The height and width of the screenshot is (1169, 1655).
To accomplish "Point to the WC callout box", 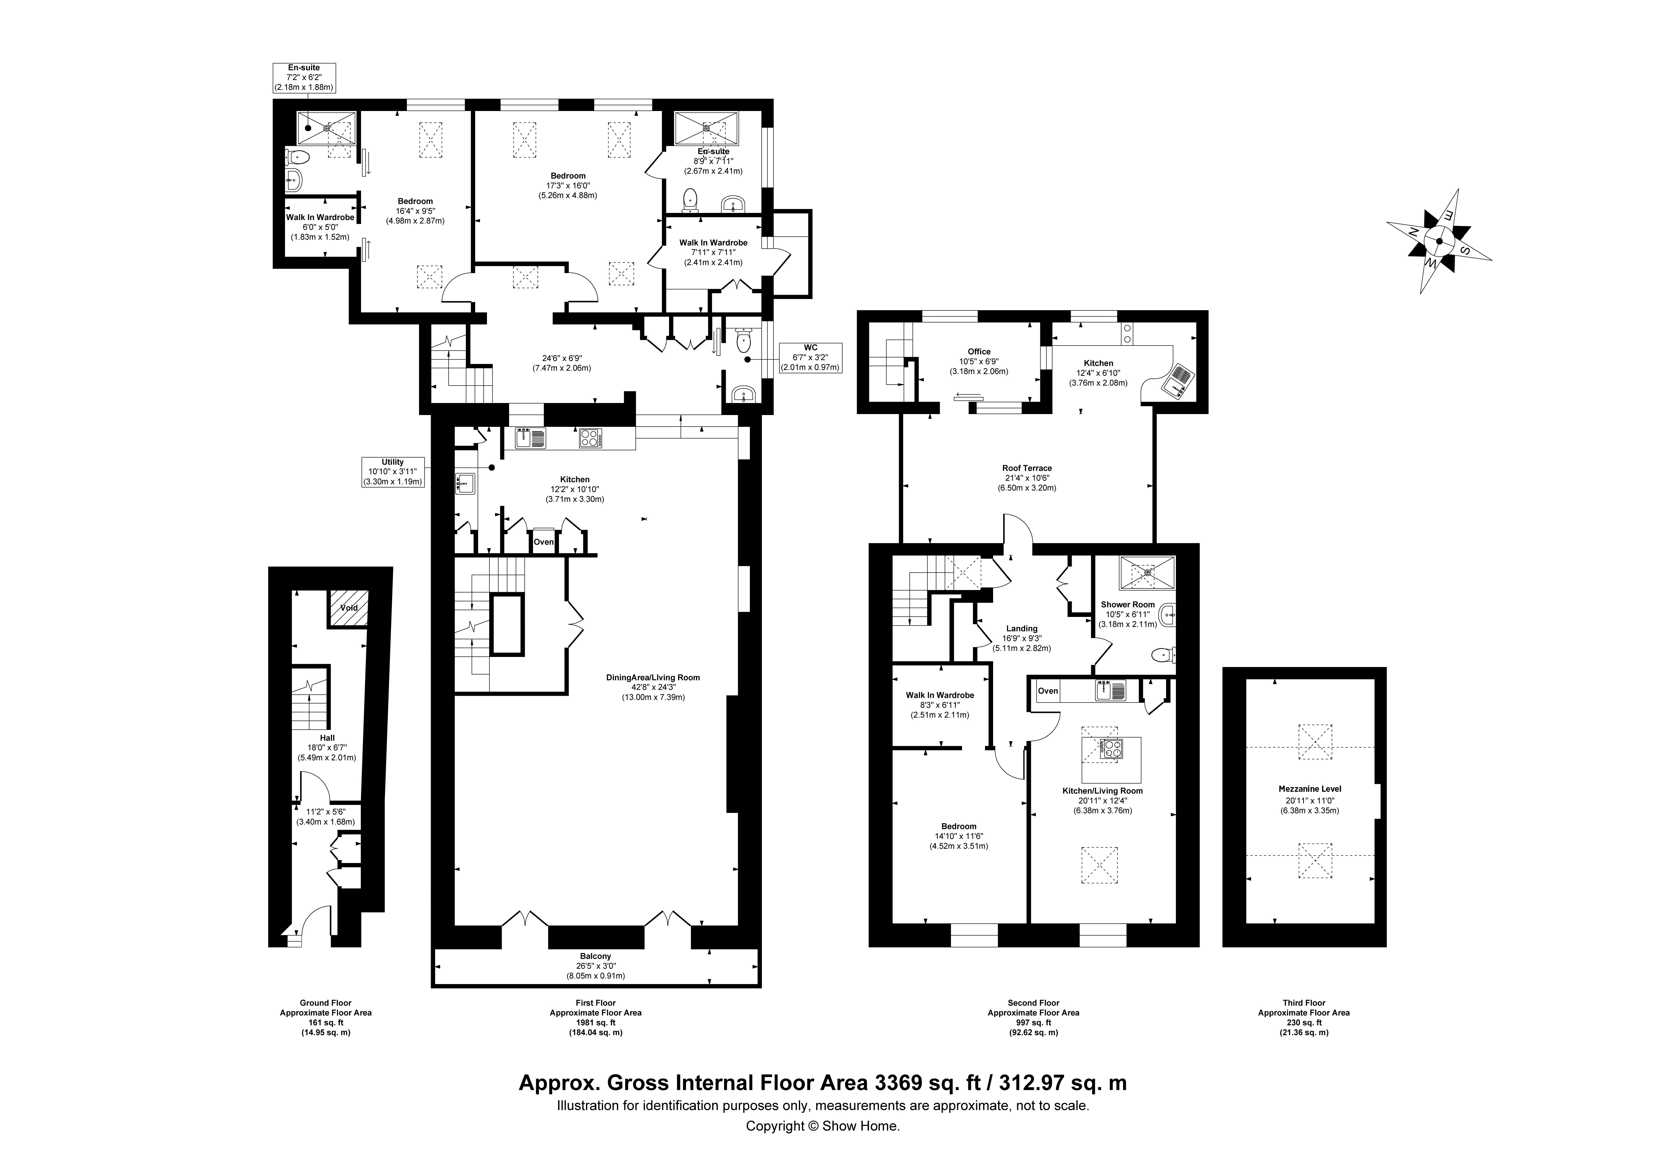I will pos(810,358).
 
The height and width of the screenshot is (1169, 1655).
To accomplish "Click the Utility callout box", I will pos(393,472).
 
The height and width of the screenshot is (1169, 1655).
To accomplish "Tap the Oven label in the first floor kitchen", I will pos(543,542).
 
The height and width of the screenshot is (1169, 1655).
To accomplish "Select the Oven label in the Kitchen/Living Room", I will pos(1047,691).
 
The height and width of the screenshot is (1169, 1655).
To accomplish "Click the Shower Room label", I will pos(1127,605).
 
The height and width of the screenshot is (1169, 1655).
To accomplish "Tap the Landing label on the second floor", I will pos(1021,628).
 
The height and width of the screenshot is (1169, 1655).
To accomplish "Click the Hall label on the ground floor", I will pos(327,738).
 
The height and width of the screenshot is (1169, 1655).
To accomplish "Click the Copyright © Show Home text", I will pos(822,1126).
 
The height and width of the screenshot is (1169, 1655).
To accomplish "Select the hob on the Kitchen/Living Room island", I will pos(1110,750).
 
